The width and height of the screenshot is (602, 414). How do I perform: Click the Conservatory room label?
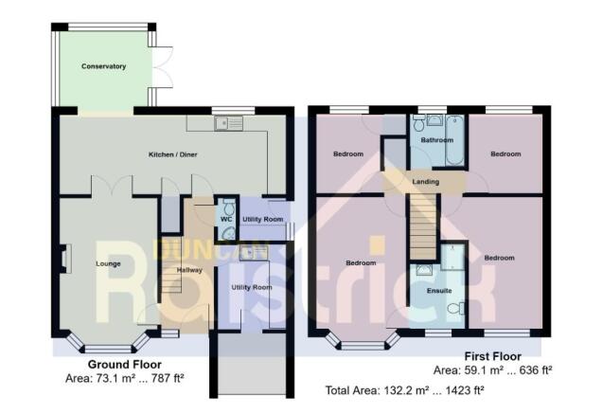click(x=103, y=66)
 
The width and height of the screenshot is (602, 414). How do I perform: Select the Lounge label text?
click(x=107, y=262)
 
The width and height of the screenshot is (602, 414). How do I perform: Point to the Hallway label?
click(x=190, y=269)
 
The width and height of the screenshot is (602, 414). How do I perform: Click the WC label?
click(x=226, y=220)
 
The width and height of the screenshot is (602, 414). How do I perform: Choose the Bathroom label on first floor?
click(x=436, y=140)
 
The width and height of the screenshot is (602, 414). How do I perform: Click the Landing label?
click(x=425, y=182)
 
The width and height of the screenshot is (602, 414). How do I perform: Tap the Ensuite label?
click(x=439, y=290)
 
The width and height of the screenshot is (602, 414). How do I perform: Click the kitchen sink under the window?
click(x=228, y=122)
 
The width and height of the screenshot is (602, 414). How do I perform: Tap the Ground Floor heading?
click(x=124, y=364)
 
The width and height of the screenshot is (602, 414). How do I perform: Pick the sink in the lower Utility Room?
click(x=253, y=252)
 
